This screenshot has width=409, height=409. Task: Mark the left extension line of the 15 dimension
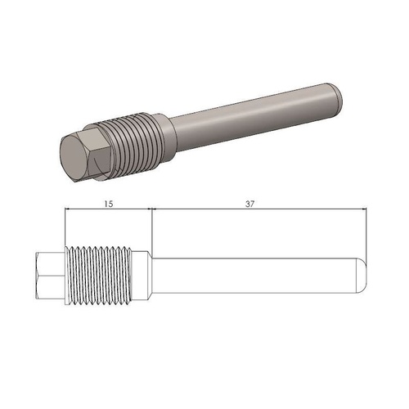(x=64, y=229)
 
